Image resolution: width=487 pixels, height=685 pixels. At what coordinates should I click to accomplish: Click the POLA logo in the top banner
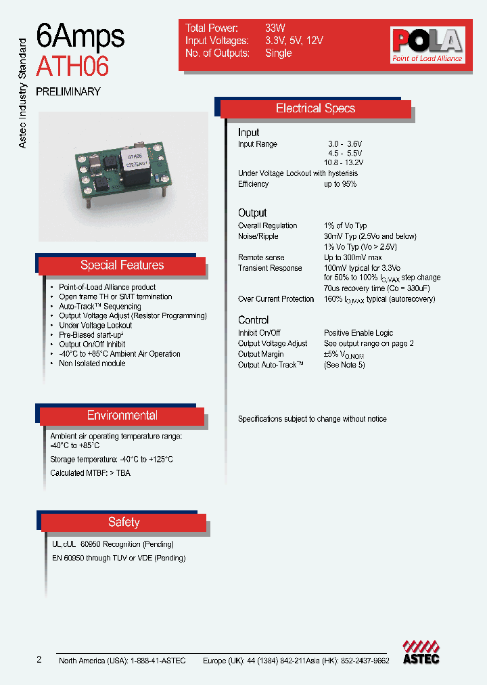coord(427,45)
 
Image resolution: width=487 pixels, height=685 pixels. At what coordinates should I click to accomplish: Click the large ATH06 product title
coord(72,66)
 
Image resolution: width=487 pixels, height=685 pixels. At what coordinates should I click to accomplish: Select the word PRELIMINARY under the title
coord(68,91)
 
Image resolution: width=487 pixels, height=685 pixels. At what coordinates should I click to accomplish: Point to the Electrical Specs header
coord(315,108)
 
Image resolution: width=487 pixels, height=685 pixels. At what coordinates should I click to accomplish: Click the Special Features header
coord(122,265)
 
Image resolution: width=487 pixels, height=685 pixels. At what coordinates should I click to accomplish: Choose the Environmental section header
coord(122,416)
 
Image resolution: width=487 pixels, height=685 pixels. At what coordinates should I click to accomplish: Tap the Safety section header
coord(124,522)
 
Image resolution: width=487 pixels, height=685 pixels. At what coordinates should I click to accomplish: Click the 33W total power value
coord(275,28)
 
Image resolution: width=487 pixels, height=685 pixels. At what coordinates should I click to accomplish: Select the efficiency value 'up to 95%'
coord(340,184)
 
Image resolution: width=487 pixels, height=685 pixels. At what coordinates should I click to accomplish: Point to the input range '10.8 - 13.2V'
coord(343,163)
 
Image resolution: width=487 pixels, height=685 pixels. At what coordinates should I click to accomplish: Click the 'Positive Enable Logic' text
coord(358,333)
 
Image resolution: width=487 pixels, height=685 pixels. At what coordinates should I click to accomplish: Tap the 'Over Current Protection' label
coord(276,299)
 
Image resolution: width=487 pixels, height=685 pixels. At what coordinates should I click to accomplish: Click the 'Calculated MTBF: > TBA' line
coord(90,473)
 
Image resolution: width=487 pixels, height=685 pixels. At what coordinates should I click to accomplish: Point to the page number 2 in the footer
coord(39,660)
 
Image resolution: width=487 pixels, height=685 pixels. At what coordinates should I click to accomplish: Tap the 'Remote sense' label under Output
coord(261,258)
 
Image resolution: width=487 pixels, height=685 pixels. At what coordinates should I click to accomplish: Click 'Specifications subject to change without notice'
coord(312,420)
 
